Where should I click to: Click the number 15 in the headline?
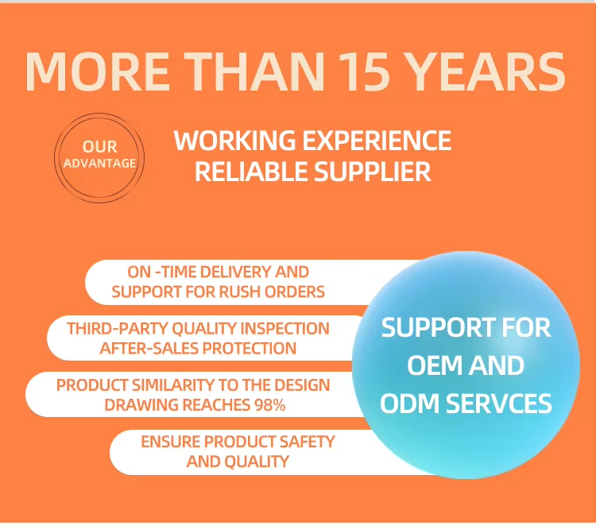click(x=364, y=71)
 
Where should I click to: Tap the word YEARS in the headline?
click(x=488, y=71)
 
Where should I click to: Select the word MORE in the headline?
click(x=97, y=71)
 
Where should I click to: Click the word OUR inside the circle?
click(x=99, y=147)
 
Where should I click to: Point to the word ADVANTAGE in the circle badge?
click(x=99, y=164)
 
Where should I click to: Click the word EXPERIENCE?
click(x=377, y=140)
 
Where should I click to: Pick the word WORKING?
click(x=234, y=140)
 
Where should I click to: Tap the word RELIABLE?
click(x=251, y=172)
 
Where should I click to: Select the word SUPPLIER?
click(x=373, y=172)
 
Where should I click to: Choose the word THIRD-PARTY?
click(x=118, y=329)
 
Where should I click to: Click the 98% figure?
click(x=270, y=405)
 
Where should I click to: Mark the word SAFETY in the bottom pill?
click(x=307, y=442)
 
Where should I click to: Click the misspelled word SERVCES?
click(x=499, y=403)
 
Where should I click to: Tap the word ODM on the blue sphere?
click(x=410, y=403)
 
